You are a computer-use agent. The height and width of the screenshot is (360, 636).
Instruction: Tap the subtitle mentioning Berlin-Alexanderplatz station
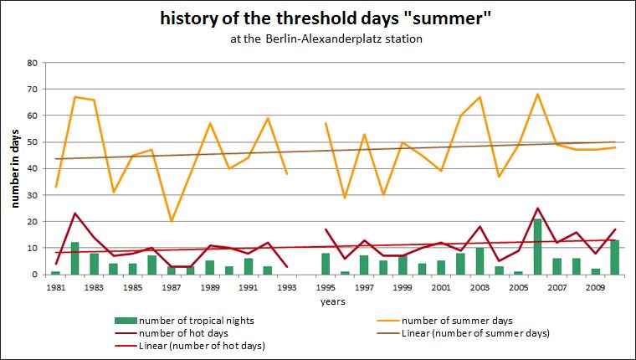click(318, 39)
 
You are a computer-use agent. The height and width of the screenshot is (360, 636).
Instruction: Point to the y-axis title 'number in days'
click(15, 168)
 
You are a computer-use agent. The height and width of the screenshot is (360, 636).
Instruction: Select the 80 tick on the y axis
click(33, 63)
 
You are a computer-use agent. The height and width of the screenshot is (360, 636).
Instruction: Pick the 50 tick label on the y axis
click(33, 142)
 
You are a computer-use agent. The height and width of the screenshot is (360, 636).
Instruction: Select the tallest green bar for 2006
click(537, 247)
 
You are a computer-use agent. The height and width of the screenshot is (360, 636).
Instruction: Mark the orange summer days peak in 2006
click(537, 94)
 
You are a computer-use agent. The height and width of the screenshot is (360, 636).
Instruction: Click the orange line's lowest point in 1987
click(172, 221)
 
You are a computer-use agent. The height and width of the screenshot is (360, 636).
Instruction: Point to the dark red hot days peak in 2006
click(537, 208)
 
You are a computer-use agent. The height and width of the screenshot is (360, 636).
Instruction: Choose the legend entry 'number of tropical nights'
click(178, 321)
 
